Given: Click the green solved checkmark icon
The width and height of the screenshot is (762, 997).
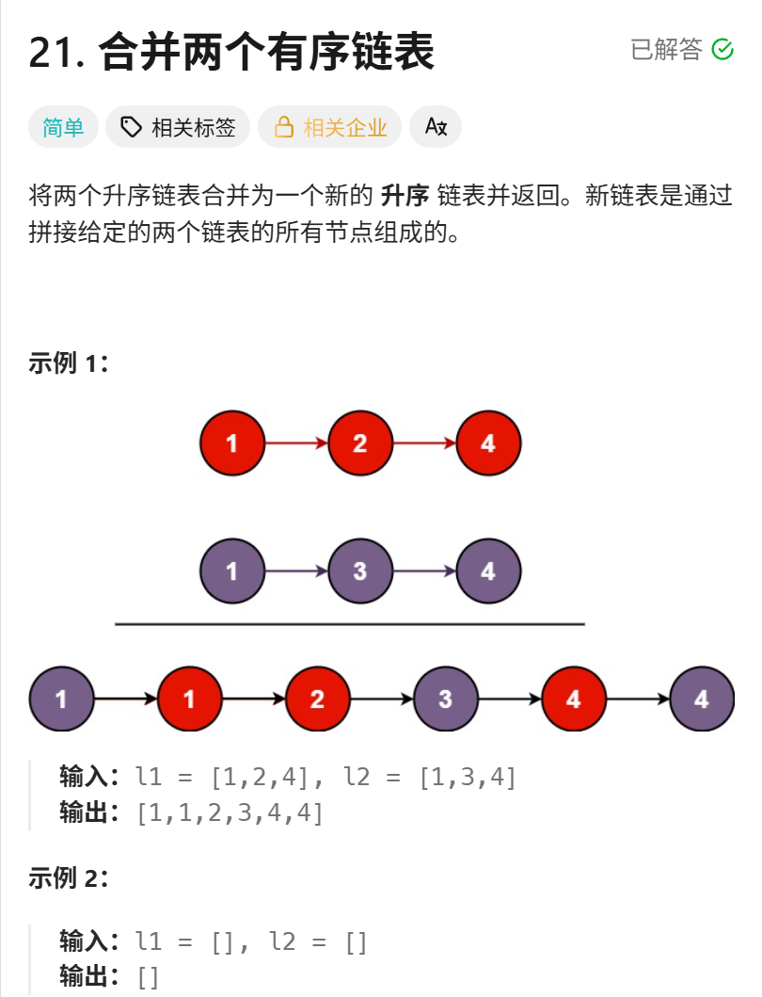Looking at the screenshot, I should pyautogui.click(x=722, y=49).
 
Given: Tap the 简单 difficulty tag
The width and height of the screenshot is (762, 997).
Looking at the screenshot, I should pyautogui.click(x=63, y=127).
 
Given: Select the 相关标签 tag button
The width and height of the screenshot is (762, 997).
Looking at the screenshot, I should pyautogui.click(x=178, y=127).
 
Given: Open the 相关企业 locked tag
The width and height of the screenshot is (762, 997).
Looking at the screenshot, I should pyautogui.click(x=329, y=127).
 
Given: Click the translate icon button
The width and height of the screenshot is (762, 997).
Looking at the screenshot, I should pyautogui.click(x=436, y=127).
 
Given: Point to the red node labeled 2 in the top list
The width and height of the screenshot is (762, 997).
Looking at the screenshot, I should pyautogui.click(x=359, y=443).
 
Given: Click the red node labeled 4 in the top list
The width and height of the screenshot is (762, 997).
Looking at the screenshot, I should pyautogui.click(x=487, y=443).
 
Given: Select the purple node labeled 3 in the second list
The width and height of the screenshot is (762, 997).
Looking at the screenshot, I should pyautogui.click(x=359, y=571).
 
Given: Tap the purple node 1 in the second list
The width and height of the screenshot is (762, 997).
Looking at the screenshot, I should pyautogui.click(x=231, y=571).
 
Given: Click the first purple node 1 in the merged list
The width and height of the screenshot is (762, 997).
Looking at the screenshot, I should pyautogui.click(x=61, y=700).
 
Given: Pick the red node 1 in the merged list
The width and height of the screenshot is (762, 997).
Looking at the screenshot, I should pyautogui.click(x=189, y=700).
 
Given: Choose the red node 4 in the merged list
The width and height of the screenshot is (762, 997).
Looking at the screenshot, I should pyautogui.click(x=573, y=700).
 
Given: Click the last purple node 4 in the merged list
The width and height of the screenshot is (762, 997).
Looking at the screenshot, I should pyautogui.click(x=701, y=700).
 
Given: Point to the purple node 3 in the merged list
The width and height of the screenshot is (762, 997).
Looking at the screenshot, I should pyautogui.click(x=445, y=700).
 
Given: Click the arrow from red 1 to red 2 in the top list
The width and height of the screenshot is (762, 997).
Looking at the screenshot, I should pyautogui.click(x=295, y=443).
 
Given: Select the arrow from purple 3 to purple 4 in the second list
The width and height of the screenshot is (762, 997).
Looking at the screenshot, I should pyautogui.click(x=423, y=571).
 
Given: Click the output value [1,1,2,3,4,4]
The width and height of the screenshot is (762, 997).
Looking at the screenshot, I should pyautogui.click(x=230, y=812).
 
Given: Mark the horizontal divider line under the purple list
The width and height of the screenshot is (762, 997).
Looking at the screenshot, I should pyautogui.click(x=350, y=623).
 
